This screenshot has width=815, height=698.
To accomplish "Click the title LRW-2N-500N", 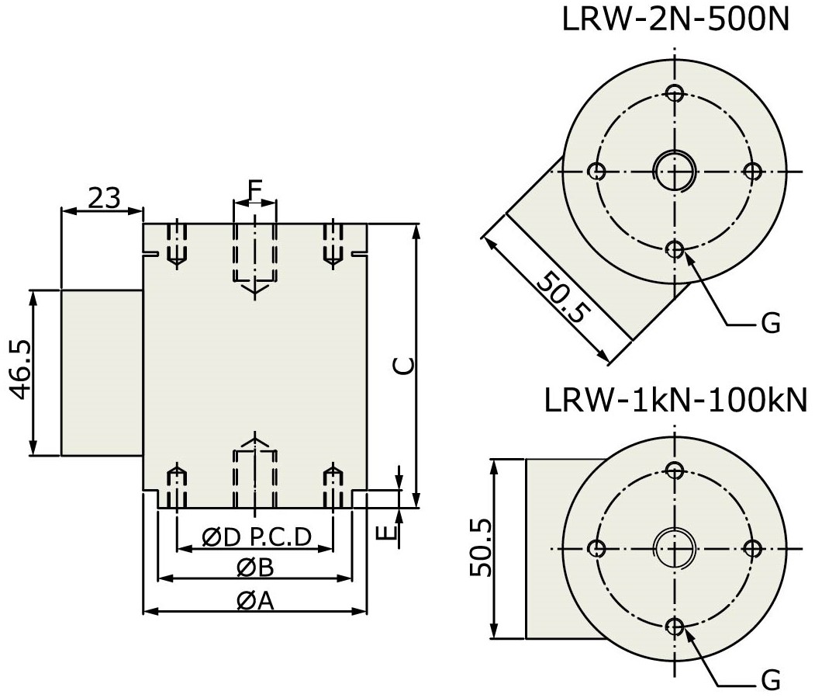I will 675,19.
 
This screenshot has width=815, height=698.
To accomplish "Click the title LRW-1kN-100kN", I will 675,401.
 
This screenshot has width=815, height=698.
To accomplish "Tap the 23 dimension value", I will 103,198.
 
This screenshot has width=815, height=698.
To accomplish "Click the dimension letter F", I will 254,188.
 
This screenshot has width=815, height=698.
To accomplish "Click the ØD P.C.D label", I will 257,537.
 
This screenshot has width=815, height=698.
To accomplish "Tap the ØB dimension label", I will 255,568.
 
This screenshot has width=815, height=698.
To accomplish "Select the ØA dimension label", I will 255,600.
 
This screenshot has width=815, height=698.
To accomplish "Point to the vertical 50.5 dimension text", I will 481,548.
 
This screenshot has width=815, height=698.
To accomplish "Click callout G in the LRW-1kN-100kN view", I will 770,681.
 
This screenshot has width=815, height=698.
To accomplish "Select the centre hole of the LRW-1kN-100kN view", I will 675,548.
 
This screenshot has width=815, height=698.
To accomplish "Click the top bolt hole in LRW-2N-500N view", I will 675,93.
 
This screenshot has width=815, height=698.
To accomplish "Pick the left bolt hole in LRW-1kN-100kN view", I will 596,548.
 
